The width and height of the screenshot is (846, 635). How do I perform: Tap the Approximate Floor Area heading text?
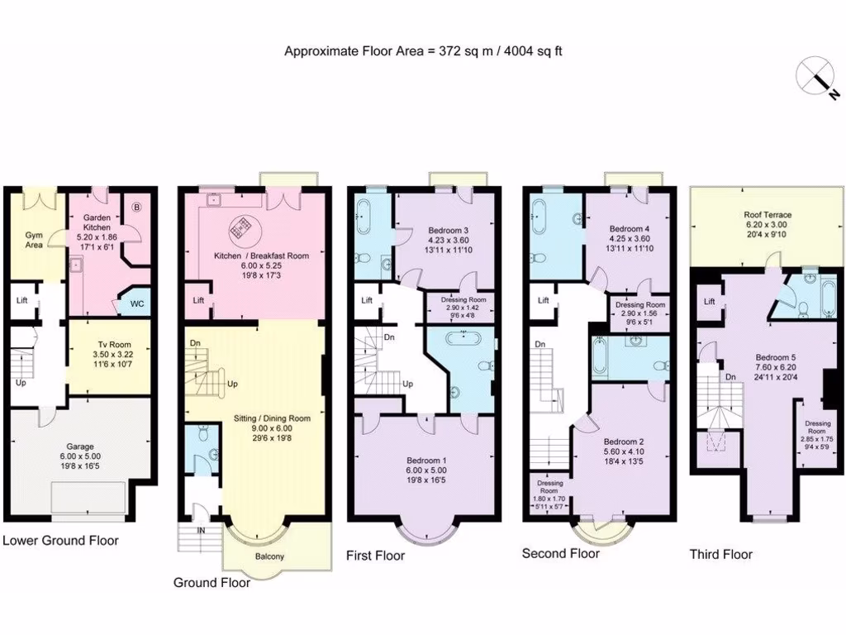click(423, 51)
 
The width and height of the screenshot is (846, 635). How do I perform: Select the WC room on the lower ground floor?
click(136, 303)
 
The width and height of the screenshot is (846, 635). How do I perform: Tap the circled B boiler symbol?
click(137, 208)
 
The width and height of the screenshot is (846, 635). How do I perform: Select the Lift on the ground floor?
click(198, 300)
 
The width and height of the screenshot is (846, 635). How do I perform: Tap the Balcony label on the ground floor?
click(269, 556)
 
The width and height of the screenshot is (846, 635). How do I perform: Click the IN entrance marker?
click(200, 531)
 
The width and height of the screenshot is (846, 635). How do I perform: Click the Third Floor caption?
click(720, 554)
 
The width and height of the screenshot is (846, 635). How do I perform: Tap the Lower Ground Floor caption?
click(60, 541)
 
